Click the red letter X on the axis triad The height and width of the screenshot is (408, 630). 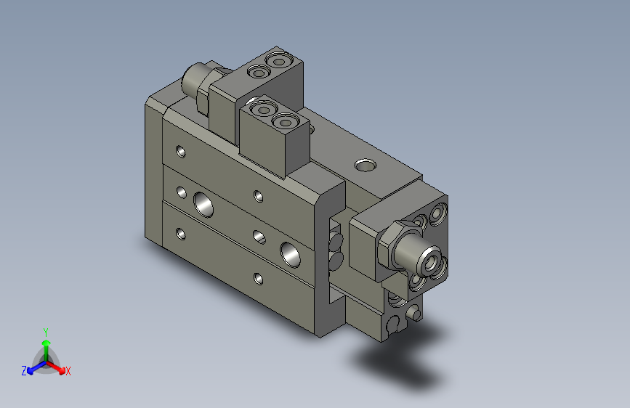point(68,372)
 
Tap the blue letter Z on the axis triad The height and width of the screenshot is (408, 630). point(24,371)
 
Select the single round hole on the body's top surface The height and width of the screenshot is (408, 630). point(365,166)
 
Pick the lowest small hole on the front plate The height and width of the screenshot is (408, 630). point(259,277)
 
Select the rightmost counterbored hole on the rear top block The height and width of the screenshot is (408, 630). point(278,61)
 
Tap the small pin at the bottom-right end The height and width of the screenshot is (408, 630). point(415,313)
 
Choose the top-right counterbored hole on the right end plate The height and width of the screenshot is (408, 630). point(437,213)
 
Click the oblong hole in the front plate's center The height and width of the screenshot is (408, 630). point(258,234)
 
